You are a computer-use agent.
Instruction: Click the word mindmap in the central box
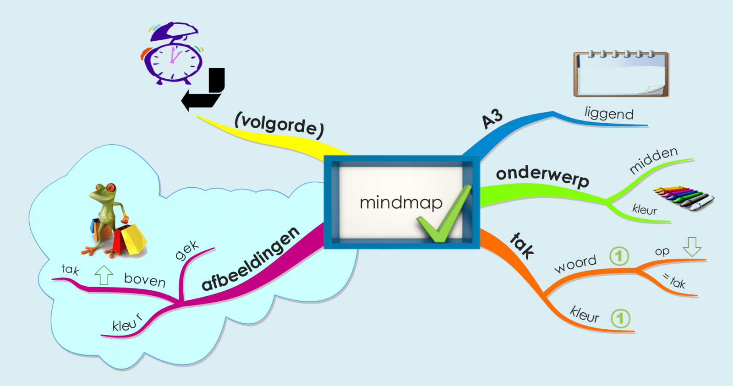tap(401, 202)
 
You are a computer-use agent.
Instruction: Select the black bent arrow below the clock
tap(204, 91)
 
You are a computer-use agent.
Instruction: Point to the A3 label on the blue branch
tap(492, 119)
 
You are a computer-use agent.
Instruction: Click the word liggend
tap(609, 113)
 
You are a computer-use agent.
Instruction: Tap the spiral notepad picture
tap(621, 74)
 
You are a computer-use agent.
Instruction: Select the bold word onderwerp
tap(542, 175)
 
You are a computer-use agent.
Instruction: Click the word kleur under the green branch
tap(644, 210)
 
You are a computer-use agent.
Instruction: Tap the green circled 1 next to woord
tap(619, 256)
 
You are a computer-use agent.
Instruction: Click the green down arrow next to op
tap(692, 247)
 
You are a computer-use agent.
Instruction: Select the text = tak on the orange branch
tap(674, 281)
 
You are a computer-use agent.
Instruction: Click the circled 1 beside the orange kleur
tap(620, 318)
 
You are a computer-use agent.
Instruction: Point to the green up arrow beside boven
tap(104, 275)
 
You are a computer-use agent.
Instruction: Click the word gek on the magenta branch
tap(187, 250)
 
